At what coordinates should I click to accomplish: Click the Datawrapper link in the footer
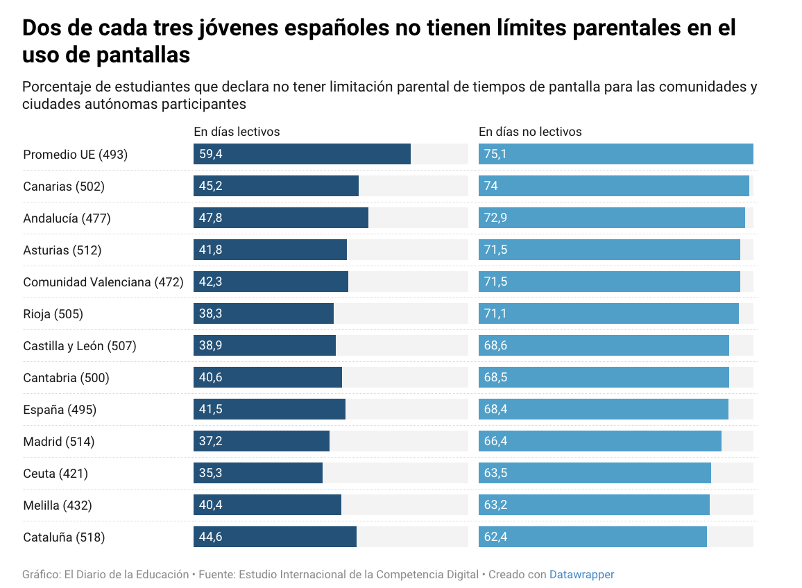581,574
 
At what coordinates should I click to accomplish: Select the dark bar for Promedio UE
302,154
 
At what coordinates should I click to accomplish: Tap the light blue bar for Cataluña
592,537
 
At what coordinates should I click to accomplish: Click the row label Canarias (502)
64,187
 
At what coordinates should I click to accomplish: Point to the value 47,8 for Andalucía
211,218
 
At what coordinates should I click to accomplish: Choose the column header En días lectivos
237,132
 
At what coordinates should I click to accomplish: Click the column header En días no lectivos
530,132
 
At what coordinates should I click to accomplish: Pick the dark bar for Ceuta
258,473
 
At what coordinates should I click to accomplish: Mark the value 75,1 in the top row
495,154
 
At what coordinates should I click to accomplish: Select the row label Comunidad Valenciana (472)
103,282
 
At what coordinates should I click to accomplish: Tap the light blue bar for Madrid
600,441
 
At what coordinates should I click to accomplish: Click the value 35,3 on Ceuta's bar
211,473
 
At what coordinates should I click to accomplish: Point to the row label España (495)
60,410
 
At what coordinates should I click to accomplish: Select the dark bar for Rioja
264,313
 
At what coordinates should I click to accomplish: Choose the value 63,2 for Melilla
495,505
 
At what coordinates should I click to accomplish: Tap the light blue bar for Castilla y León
604,345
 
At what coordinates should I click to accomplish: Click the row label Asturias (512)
62,250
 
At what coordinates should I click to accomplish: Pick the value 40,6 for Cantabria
211,377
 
